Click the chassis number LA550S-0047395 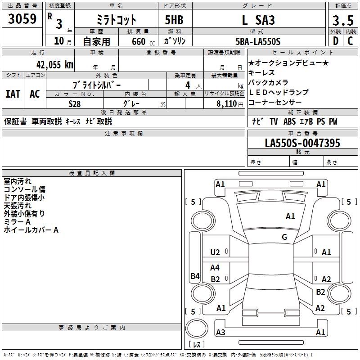click(302, 143)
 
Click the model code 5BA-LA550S click(258, 41)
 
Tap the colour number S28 click(75, 103)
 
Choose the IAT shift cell click(13, 94)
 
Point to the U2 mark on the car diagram click(215, 252)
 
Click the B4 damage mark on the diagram click(195, 276)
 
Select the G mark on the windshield click(284, 237)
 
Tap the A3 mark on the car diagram click(220, 332)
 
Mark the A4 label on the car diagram click(215, 267)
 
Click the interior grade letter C click(349, 41)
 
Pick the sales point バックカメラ click(269, 82)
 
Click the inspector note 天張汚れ click(18, 206)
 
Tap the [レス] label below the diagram click(197, 345)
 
